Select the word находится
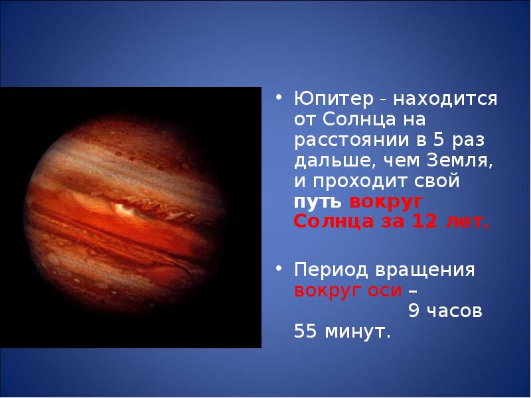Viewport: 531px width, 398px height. (445, 99)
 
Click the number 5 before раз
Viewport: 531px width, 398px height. (439, 140)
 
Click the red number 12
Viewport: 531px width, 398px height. (425, 222)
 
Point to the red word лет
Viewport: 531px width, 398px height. (467, 223)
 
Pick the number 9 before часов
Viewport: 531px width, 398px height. (414, 310)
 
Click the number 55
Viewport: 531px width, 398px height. (305, 331)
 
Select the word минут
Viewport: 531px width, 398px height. (357, 332)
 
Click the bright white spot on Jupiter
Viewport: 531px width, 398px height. (123, 210)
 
